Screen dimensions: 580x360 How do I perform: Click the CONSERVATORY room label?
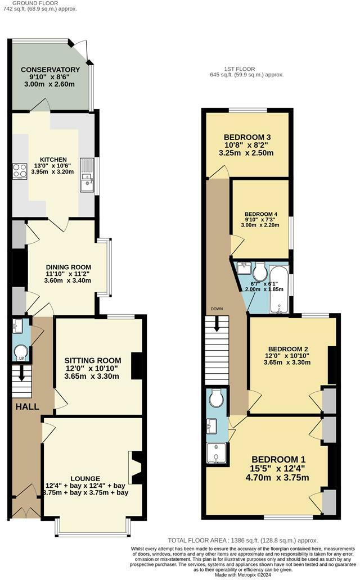pos(51,70)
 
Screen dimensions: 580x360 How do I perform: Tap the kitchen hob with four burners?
pos(19,170)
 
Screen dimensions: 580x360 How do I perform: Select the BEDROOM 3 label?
pos(247,137)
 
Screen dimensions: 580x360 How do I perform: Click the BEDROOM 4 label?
pos(260,214)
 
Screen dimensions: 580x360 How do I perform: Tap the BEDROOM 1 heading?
pos(279,458)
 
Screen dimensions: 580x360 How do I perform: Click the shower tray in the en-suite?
pos(217,455)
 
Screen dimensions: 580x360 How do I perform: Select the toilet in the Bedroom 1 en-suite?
pos(217,400)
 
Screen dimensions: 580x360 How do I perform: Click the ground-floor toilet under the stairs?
pos(20,352)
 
